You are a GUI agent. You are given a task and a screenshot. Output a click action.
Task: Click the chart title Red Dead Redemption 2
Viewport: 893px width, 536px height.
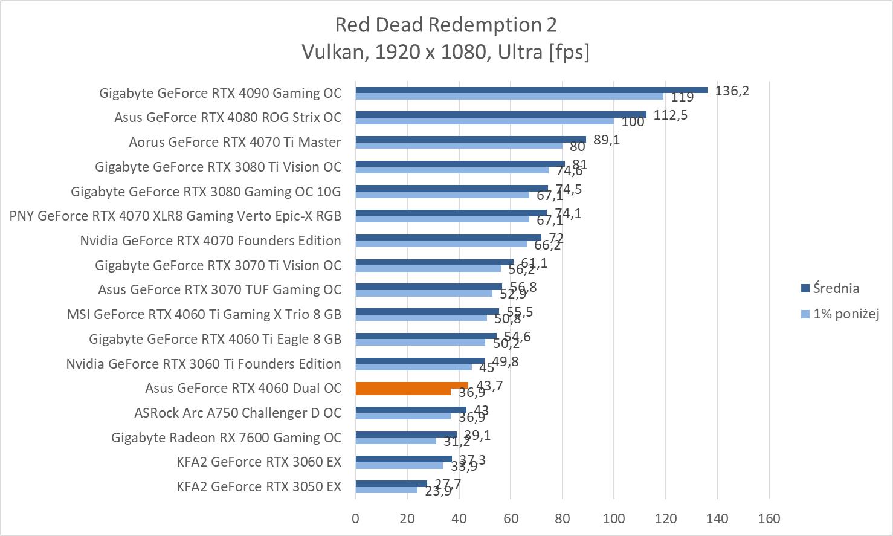click(x=446, y=25)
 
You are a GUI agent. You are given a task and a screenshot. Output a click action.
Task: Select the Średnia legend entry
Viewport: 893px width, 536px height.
click(x=836, y=288)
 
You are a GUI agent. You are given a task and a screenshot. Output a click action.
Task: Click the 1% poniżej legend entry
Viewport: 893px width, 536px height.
click(x=845, y=314)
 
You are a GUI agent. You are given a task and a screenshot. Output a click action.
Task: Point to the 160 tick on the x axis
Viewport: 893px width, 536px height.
click(x=769, y=518)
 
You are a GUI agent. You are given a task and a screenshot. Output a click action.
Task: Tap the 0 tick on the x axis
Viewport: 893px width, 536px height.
click(x=355, y=518)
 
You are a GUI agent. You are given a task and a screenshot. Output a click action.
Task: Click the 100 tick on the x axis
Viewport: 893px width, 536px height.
click(x=614, y=518)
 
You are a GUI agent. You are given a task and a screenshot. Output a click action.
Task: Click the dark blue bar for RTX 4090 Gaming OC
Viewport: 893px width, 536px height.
click(x=531, y=90)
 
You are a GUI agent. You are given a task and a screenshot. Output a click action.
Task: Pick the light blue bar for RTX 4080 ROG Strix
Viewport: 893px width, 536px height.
click(x=485, y=121)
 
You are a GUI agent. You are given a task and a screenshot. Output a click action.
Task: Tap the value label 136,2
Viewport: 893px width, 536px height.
click(x=732, y=91)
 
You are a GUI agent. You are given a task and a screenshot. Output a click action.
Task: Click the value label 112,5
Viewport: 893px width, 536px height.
click(x=670, y=115)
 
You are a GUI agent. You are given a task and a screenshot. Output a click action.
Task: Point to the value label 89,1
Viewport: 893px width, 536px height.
click(x=607, y=140)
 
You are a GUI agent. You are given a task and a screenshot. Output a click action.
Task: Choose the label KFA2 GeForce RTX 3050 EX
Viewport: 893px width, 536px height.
click(x=259, y=486)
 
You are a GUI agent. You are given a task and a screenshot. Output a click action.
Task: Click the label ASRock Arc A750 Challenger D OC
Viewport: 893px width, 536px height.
click(x=237, y=413)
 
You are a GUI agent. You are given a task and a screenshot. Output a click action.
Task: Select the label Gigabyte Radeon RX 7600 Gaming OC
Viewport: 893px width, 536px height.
click(x=226, y=438)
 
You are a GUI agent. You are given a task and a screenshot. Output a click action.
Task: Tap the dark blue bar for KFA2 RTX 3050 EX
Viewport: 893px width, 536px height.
click(x=391, y=483)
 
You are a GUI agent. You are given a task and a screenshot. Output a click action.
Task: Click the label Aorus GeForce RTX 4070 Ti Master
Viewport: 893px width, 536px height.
click(x=234, y=142)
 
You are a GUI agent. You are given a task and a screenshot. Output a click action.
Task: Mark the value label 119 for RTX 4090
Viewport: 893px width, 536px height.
click(x=683, y=97)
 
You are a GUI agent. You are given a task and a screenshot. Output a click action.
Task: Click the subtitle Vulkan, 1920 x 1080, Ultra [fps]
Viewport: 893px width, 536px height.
click(x=446, y=52)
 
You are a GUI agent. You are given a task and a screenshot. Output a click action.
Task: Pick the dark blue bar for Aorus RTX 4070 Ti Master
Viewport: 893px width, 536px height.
click(x=471, y=139)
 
